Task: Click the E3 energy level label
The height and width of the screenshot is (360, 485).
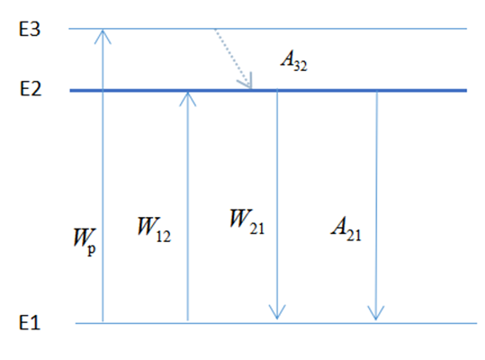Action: pyautogui.click(x=30, y=30)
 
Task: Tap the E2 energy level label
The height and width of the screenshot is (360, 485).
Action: pyautogui.click(x=31, y=89)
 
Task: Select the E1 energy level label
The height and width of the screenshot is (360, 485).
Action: pyautogui.click(x=30, y=322)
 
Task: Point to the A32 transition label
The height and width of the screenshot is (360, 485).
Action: pyautogui.click(x=294, y=61)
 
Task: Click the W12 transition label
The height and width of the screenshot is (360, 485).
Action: pyautogui.click(x=154, y=229)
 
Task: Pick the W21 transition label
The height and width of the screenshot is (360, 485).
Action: pyautogui.click(x=247, y=221)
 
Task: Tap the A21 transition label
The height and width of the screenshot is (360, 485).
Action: pyautogui.click(x=346, y=229)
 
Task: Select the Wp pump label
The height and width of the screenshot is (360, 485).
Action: pyautogui.click(x=85, y=242)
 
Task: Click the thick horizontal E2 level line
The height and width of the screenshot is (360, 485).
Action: pyautogui.click(x=268, y=90)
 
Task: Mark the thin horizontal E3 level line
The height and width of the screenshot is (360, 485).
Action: pyautogui.click(x=268, y=29)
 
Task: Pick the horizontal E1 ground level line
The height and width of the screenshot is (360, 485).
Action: pyautogui.click(x=276, y=323)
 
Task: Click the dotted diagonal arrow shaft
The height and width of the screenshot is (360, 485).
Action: pyautogui.click(x=232, y=58)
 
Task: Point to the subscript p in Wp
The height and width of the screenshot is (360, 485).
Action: pyautogui.click(x=92, y=249)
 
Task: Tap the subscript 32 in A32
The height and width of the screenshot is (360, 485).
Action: pyautogui.click(x=300, y=67)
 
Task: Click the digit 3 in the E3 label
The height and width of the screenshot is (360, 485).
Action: pyautogui.click(x=35, y=30)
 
